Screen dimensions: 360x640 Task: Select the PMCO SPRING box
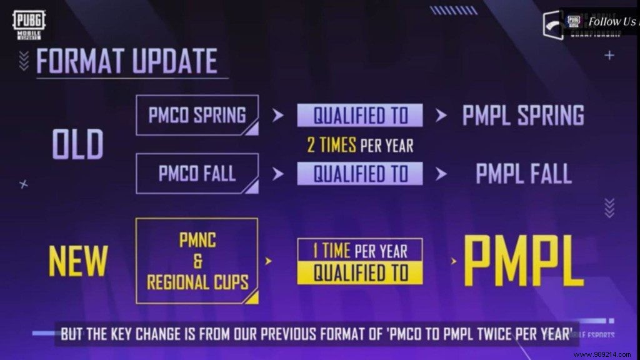click(x=197, y=115)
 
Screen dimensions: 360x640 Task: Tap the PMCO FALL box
click(x=197, y=173)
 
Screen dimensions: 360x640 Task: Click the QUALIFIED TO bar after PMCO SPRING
click(x=360, y=115)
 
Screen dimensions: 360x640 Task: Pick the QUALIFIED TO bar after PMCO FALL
click(x=360, y=173)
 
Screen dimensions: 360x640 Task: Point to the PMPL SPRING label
click(x=523, y=116)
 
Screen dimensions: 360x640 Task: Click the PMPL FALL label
click(x=524, y=174)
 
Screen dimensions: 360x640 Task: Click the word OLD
click(x=77, y=145)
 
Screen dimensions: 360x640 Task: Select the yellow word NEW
click(x=78, y=261)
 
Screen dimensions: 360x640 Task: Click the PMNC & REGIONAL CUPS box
click(x=197, y=261)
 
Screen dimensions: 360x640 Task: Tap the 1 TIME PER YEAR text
click(x=360, y=251)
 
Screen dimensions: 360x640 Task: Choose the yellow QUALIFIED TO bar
click(x=360, y=272)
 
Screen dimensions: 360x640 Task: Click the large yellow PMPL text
click(x=523, y=261)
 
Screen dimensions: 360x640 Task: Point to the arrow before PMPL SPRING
click(x=441, y=116)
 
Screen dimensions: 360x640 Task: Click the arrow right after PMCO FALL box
click(x=278, y=174)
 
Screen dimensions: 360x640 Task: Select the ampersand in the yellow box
click(x=197, y=261)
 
